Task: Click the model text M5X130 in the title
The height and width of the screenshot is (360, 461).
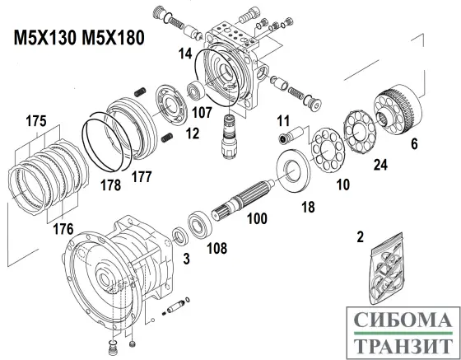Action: (x=54, y=40)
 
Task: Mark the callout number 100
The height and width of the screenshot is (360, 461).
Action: (x=258, y=220)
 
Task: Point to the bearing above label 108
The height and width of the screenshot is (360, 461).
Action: (x=200, y=222)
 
